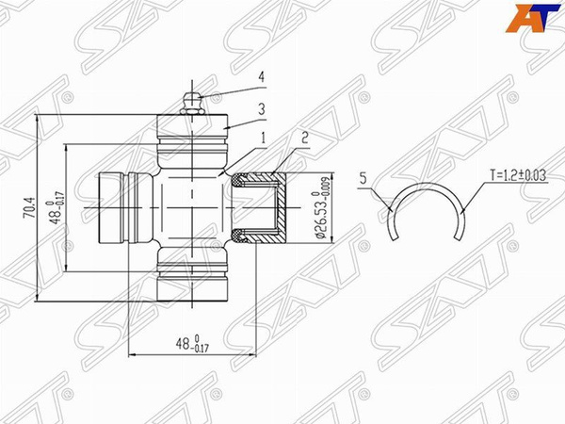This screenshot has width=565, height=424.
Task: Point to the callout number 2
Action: click(x=303, y=137)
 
